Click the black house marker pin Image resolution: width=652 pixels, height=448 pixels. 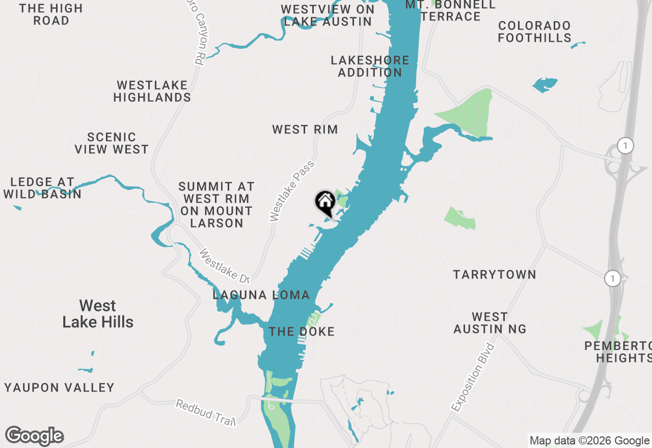pyautogui.click(x=325, y=203)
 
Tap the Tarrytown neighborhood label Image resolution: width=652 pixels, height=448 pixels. pyautogui.click(x=494, y=275)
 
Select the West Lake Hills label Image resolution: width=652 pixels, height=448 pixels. pyautogui.click(x=98, y=314)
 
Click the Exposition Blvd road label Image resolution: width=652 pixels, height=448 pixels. pyautogui.click(x=473, y=377)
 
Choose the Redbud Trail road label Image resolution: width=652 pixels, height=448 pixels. pyautogui.click(x=205, y=412)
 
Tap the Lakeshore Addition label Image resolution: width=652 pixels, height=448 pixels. pyautogui.click(x=370, y=66)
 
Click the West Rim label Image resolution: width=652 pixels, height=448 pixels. pyautogui.click(x=305, y=129)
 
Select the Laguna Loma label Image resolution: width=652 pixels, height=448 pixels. pyautogui.click(x=261, y=295)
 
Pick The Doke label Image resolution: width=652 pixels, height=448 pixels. pyautogui.click(x=302, y=331)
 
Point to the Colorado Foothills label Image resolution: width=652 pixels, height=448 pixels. pyautogui.click(x=534, y=32)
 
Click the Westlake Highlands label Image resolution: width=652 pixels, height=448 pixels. pyautogui.click(x=152, y=91)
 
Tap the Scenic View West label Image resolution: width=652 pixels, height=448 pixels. pyautogui.click(x=112, y=143)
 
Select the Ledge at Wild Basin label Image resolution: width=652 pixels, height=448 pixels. pyautogui.click(x=42, y=188)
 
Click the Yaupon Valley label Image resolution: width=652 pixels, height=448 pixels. pyautogui.click(x=60, y=387)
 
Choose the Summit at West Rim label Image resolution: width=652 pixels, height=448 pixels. pyautogui.click(x=216, y=205)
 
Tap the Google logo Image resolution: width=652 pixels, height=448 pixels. pyautogui.click(x=34, y=436)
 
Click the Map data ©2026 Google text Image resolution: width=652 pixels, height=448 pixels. pyautogui.click(x=589, y=441)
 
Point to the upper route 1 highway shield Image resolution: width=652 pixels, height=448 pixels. pyautogui.click(x=625, y=146)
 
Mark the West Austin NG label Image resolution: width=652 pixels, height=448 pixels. pyautogui.click(x=490, y=323)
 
